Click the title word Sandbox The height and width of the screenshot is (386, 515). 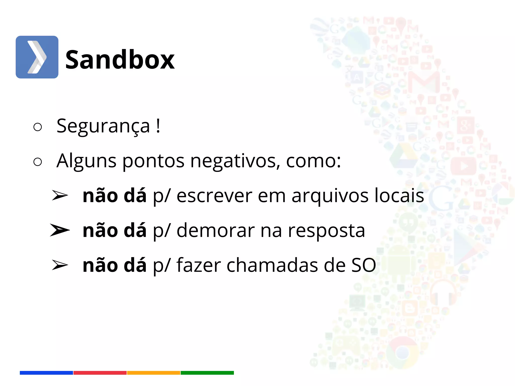[x=120, y=60]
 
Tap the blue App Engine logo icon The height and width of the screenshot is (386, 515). [x=37, y=57]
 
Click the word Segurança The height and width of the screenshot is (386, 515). [x=103, y=126]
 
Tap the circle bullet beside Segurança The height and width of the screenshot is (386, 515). [x=37, y=127]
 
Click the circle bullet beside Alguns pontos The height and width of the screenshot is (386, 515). [x=37, y=162]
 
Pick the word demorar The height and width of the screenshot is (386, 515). [x=216, y=230]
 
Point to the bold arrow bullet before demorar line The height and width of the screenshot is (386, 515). [x=59, y=230]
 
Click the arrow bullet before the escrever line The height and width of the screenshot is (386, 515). [x=59, y=196]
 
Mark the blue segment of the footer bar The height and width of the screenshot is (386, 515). [x=46, y=373]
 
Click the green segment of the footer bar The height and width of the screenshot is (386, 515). [x=207, y=373]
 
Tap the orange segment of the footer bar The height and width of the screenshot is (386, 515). [x=154, y=373]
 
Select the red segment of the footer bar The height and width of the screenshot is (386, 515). [x=100, y=373]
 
